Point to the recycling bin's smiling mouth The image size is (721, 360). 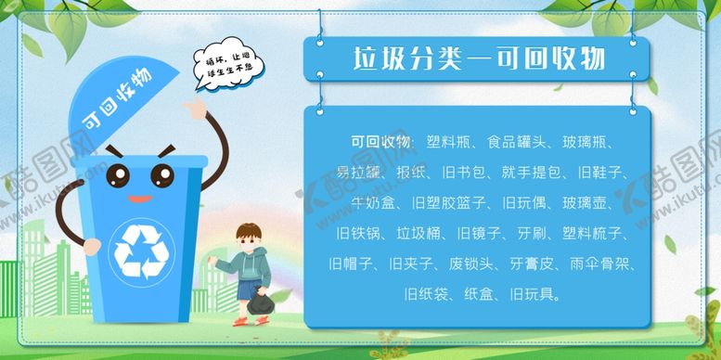(x=138, y=198)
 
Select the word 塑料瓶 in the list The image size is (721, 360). (x=449, y=142)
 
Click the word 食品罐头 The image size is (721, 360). (x=520, y=142)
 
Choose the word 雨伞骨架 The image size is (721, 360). (x=603, y=264)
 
